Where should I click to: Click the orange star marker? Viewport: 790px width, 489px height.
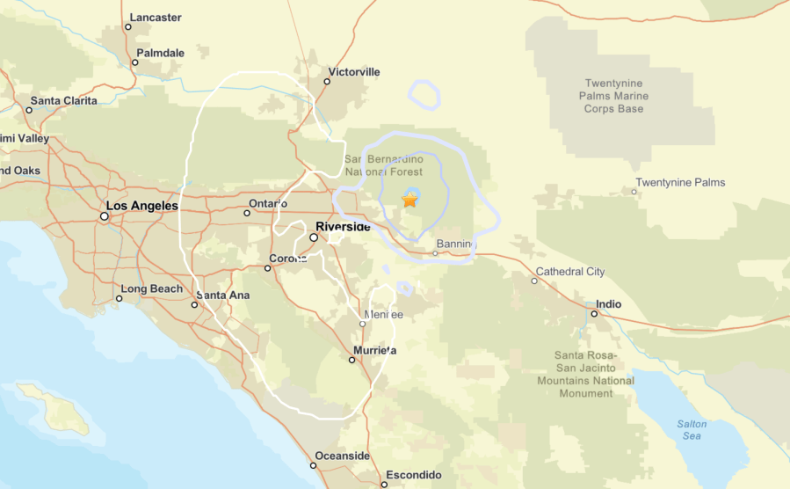(409, 200)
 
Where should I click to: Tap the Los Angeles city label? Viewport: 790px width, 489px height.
(142, 206)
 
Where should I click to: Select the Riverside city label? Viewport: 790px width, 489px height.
(343, 227)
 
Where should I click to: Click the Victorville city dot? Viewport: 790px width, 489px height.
(327, 82)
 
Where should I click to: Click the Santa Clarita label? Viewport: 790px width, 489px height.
(63, 100)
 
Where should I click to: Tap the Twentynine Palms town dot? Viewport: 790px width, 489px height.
(635, 191)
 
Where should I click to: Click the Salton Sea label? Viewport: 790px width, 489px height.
(692, 430)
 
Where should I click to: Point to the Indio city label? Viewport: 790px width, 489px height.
(608, 304)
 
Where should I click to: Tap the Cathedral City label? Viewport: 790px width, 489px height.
(570, 272)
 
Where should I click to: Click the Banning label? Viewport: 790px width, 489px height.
(457, 244)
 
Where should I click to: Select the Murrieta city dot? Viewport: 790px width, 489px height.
(352, 360)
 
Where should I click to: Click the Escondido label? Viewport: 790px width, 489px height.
(413, 475)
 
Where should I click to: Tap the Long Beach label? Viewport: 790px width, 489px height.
(152, 288)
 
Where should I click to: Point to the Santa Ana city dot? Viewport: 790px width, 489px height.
(194, 305)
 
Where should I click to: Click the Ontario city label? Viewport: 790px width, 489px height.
(268, 203)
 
